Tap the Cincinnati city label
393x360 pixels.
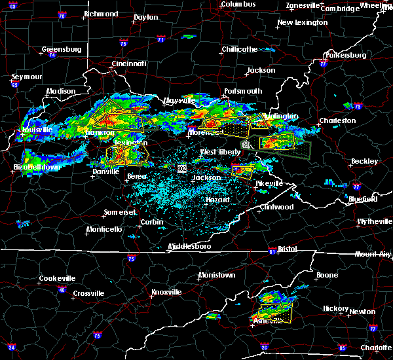(129, 63)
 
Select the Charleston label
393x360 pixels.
(337, 120)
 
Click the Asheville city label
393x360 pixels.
(270, 320)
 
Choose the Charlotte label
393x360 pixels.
(377, 348)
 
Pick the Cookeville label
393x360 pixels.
(57, 278)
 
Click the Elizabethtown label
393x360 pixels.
(37, 167)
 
